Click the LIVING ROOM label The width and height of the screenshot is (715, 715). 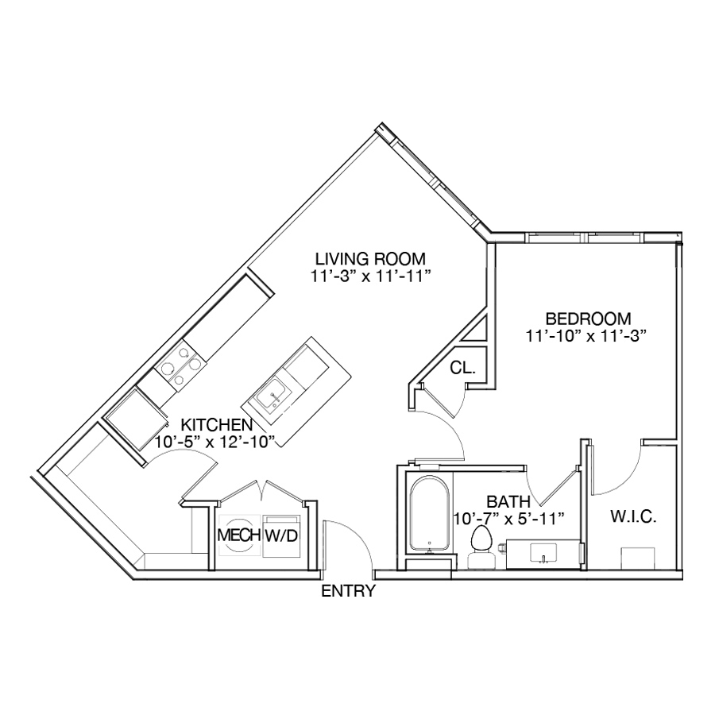pyautogui.click(x=370, y=259)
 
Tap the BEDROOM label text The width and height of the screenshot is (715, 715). pyautogui.click(x=588, y=319)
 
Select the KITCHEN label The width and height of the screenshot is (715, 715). pyautogui.click(x=217, y=424)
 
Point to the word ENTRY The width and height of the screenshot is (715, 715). pyautogui.click(x=349, y=591)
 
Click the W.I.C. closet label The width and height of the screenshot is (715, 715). pyautogui.click(x=633, y=517)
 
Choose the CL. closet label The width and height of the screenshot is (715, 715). pyautogui.click(x=462, y=368)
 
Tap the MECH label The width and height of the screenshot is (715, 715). pyautogui.click(x=239, y=535)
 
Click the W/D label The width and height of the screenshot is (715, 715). pyautogui.click(x=281, y=535)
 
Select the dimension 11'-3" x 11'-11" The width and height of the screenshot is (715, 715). pyautogui.click(x=371, y=276)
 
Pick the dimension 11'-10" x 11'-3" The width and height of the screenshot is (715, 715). pyautogui.click(x=587, y=336)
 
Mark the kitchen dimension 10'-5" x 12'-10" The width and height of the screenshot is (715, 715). pyautogui.click(x=215, y=442)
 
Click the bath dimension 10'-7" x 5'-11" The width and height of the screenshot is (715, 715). pyautogui.click(x=509, y=519)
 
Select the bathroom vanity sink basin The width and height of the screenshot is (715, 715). pyautogui.click(x=543, y=553)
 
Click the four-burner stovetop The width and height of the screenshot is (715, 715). pyautogui.click(x=180, y=365)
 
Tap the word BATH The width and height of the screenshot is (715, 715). pyautogui.click(x=508, y=501)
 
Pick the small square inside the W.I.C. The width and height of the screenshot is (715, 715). pyautogui.click(x=637, y=558)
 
